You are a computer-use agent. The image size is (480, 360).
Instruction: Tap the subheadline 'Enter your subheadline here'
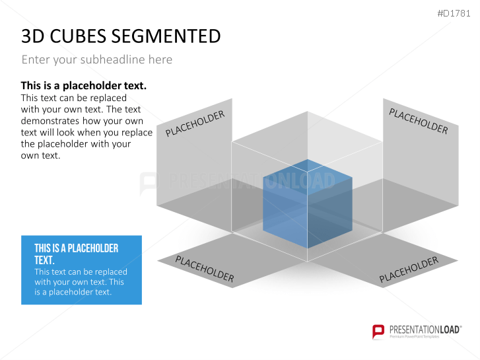click(96, 59)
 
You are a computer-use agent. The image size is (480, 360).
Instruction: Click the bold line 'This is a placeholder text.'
click(83, 86)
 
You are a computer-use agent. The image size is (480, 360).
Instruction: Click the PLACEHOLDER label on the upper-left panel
click(195, 124)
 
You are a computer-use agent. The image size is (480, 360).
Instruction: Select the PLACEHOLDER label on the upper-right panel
click(418, 121)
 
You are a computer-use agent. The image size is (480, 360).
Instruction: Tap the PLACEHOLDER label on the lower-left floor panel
click(204, 269)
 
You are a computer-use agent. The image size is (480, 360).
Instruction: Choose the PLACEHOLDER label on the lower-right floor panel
click(409, 270)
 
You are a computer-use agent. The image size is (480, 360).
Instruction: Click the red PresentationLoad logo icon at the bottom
click(378, 331)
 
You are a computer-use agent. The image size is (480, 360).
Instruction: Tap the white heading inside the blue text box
click(76, 254)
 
